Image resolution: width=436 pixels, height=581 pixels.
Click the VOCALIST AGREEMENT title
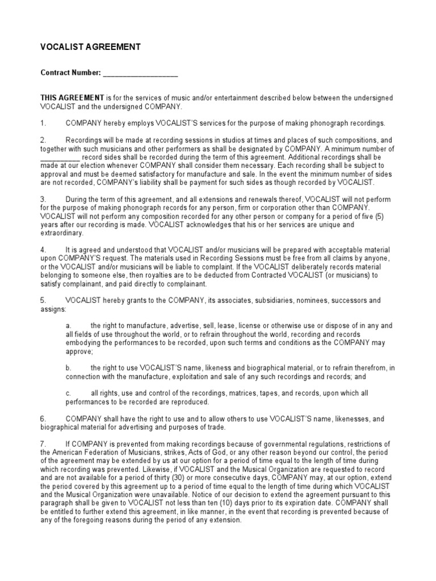click(x=90, y=47)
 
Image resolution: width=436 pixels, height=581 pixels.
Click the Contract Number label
click(x=70, y=73)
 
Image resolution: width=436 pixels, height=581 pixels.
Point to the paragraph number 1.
click(x=43, y=123)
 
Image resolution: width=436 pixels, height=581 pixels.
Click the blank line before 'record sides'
click(x=60, y=158)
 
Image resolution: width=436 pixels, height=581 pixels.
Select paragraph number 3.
click(x=43, y=199)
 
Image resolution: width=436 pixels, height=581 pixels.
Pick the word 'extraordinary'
click(x=62, y=233)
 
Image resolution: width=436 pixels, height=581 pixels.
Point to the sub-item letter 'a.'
click(x=68, y=326)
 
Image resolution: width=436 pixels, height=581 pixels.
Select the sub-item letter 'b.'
click(x=68, y=368)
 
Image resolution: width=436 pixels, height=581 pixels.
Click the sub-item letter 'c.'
click(x=68, y=393)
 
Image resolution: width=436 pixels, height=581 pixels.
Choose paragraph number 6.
click(x=43, y=419)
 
